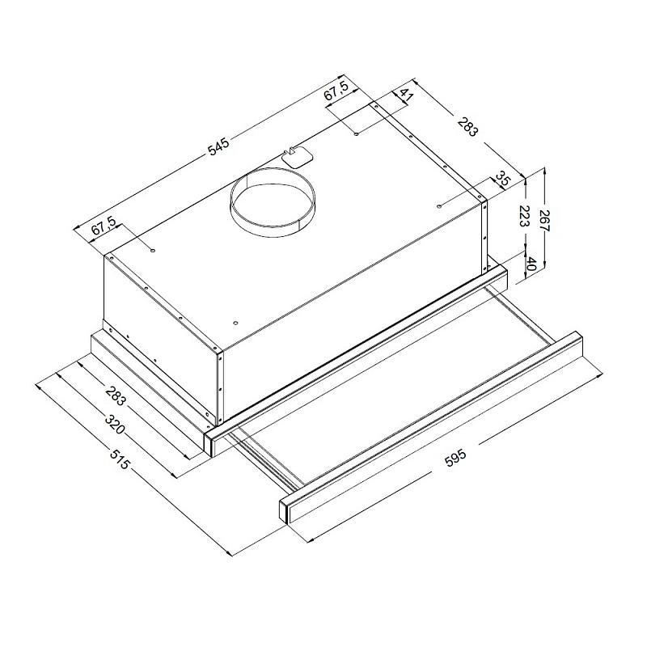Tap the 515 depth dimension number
pyautogui.click(x=120, y=459)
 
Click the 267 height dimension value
pyautogui.click(x=545, y=221)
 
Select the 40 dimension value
pyautogui.click(x=531, y=264)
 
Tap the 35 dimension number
pyautogui.click(x=502, y=180)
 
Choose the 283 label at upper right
pyautogui.click(x=467, y=127)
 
